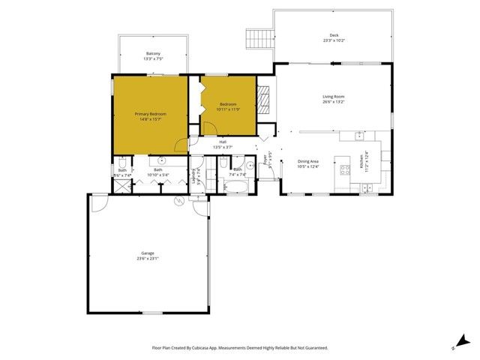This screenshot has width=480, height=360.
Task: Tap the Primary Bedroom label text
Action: tap(150, 114)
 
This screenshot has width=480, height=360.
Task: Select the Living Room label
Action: tap(333, 97)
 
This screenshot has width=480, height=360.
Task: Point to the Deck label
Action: tap(333, 35)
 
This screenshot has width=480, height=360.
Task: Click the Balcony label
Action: tap(153, 53)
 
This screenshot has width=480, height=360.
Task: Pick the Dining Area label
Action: tap(308, 161)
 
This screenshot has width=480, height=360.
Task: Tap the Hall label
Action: tap(223, 142)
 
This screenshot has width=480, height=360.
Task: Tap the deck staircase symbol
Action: tap(259, 37)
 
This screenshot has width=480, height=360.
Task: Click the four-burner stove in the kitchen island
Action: tap(345, 169)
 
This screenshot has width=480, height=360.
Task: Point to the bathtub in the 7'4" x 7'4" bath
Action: tap(235, 185)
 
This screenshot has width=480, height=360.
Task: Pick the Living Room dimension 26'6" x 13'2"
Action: tap(333, 102)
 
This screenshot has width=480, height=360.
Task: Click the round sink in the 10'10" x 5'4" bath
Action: tap(162, 160)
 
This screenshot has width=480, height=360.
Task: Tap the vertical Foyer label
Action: tap(266, 160)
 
